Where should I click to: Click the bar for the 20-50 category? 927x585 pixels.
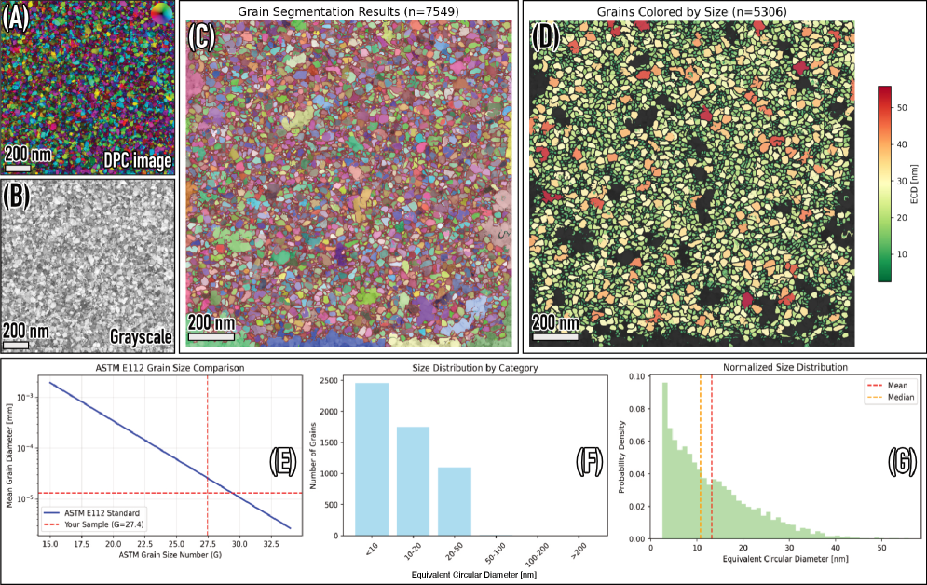click(454, 502)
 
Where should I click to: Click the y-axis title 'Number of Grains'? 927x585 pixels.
click(314, 456)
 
